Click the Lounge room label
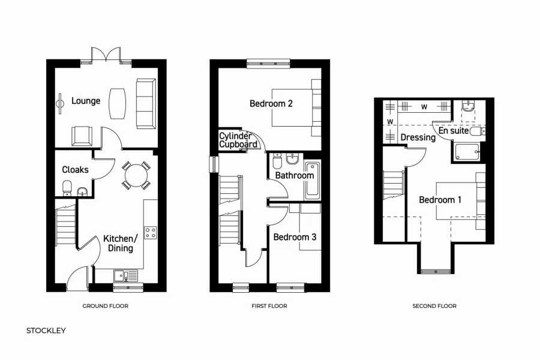(86, 101)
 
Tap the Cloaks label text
(75, 170)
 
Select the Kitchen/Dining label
(121, 243)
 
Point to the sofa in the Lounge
(145, 103)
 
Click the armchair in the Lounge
(82, 137)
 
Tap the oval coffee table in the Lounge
(118, 104)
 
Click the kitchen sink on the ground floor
(127, 275)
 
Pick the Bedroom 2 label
(271, 104)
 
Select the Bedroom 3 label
(295, 238)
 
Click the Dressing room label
(418, 137)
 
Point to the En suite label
(454, 130)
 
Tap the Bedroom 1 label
(440, 200)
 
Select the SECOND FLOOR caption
(434, 306)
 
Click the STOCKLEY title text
(46, 331)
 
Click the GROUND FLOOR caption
(105, 306)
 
